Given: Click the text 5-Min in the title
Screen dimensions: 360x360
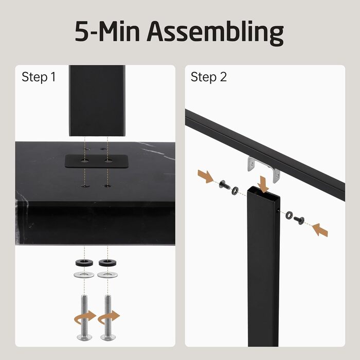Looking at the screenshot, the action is click(107, 31).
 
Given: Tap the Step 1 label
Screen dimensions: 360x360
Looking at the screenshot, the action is click(39, 77).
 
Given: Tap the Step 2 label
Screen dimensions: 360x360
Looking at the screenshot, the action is click(208, 77).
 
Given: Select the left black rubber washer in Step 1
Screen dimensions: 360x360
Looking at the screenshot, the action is click(84, 263).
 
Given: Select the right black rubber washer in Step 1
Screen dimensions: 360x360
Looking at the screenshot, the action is click(107, 263).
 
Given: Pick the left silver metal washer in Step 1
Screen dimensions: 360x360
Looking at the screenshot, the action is click(84, 275).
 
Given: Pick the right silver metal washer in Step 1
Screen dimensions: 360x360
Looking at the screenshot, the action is click(107, 275).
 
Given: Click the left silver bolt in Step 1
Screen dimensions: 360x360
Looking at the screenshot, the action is click(84, 317).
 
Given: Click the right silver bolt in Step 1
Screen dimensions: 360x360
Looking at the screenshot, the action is click(108, 317).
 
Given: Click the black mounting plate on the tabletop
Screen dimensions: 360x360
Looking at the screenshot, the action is click(97, 161).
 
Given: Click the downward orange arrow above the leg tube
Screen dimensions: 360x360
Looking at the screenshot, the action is click(263, 184).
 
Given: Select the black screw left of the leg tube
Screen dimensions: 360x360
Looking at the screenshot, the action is click(224, 185).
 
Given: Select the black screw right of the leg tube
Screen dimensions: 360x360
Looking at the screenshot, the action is click(299, 221).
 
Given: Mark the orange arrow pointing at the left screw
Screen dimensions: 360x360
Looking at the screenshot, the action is click(206, 176).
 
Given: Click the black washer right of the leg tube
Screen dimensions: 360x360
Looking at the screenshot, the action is click(289, 215).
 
